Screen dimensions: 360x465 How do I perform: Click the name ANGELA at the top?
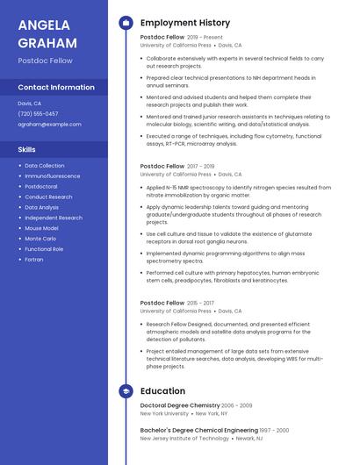tap(44, 25)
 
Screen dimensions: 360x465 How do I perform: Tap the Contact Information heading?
tap(56, 88)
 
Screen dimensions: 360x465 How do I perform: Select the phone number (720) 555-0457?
tap(38, 113)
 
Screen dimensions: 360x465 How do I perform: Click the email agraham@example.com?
tap(49, 125)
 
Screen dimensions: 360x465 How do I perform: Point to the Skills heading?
tap(26, 149)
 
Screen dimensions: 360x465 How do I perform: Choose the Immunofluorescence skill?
tap(52, 176)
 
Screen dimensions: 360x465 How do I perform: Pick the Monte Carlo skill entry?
tap(40, 239)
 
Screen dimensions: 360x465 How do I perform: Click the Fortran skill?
tap(33, 259)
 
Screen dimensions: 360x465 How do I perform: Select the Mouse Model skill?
tap(41, 228)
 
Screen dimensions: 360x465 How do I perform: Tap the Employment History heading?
tap(185, 23)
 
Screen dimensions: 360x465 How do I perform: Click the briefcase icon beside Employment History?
tap(126, 23)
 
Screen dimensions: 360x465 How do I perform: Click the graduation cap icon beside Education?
tap(126, 391)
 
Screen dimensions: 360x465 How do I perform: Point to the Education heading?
tap(162, 391)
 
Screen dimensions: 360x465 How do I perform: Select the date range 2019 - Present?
tap(205, 38)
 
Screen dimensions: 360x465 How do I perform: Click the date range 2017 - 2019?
tap(201, 166)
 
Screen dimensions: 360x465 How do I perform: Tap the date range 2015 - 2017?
tap(201, 303)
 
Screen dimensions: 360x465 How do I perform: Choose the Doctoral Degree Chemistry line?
tap(180, 405)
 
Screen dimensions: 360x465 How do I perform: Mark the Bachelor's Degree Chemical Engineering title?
tap(198, 431)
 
